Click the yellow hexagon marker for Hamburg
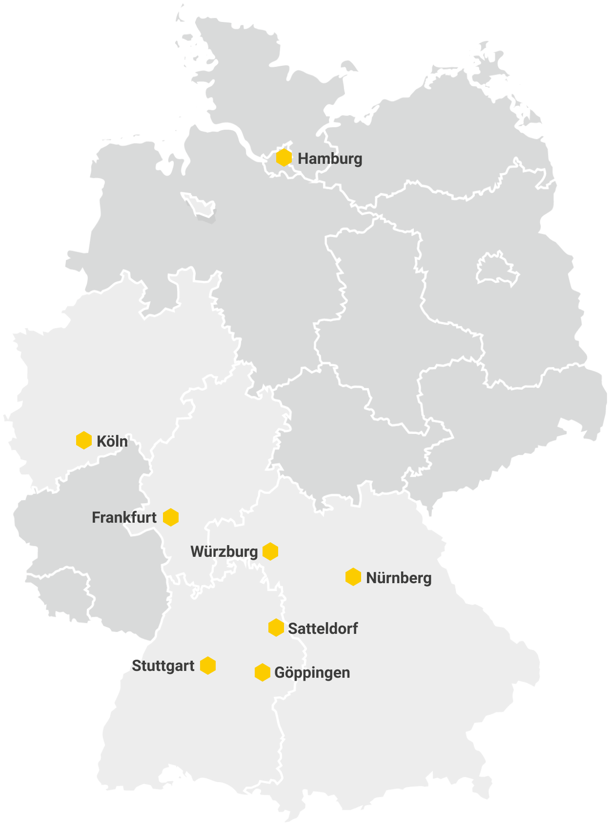pos(284,158)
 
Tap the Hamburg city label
pos(330,159)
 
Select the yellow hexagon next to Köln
pos(84,440)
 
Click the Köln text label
pos(112,441)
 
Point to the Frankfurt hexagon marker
pos(171,517)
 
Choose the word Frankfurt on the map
pos(124,517)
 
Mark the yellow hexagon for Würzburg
pos(270,551)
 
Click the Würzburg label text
pos(224,552)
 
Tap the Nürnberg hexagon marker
pos(353,577)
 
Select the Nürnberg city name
pos(399,578)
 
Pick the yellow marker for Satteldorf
pos(276,628)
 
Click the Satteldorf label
pos(323,629)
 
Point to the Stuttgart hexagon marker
pos(208,666)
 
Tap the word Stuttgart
pos(163,666)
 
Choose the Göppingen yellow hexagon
pos(263,672)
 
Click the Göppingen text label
pos(312,673)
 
